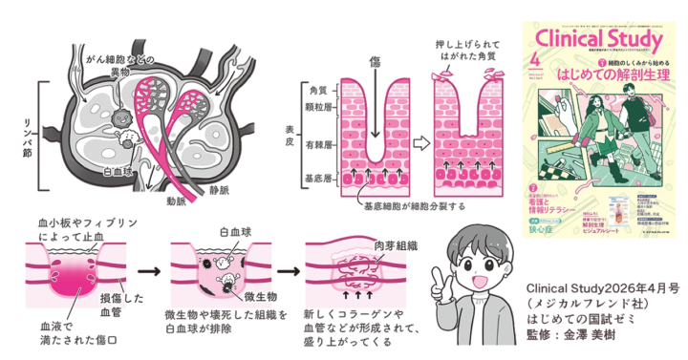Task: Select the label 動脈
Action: coord(176,201)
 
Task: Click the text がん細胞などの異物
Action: coord(114,63)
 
